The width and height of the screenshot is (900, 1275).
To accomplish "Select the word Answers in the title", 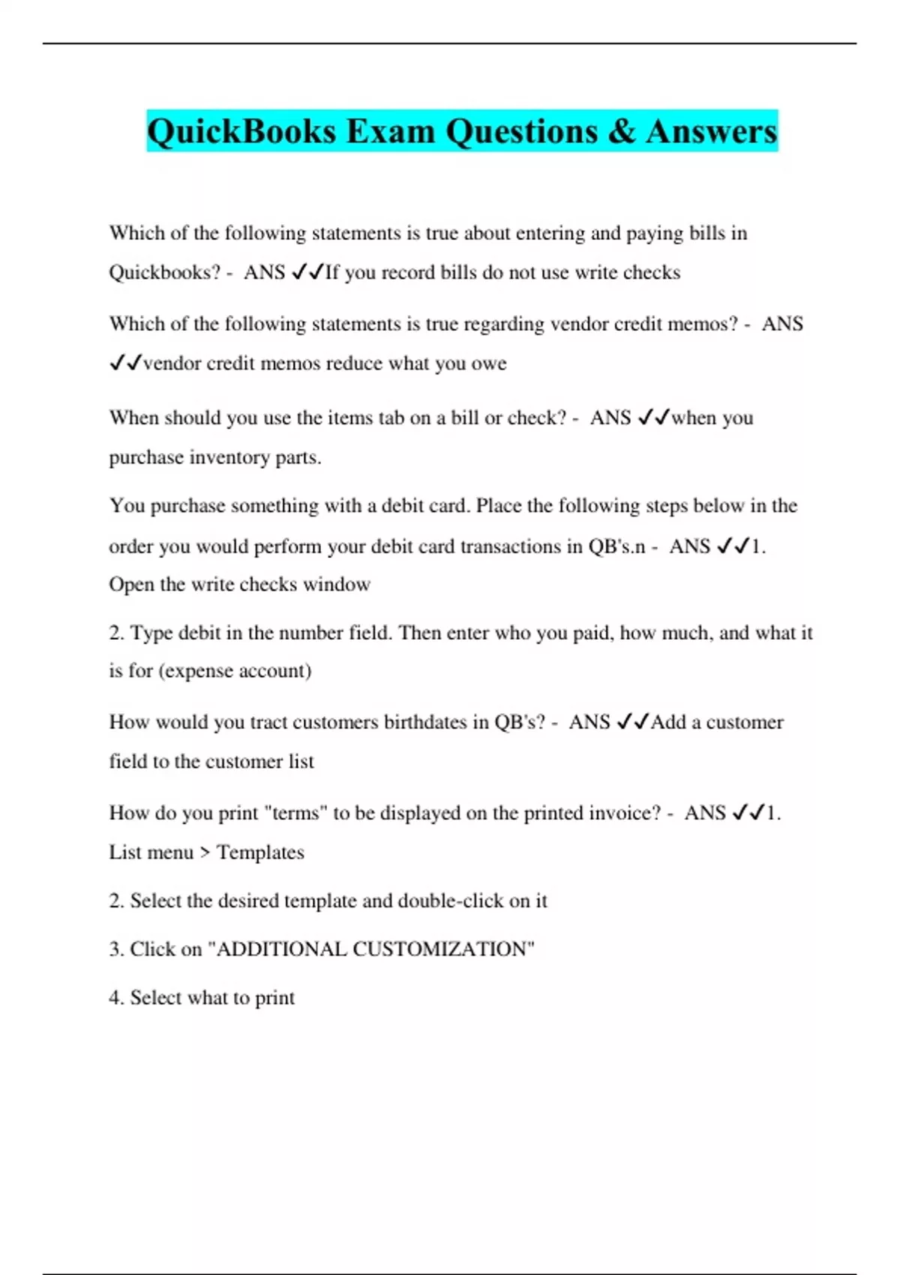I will [711, 131].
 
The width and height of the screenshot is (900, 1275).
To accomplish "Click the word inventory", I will [230, 457].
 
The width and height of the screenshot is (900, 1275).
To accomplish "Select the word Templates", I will [260, 853].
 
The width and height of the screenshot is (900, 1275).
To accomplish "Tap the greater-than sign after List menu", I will [205, 853].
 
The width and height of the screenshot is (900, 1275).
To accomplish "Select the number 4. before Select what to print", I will [116, 998].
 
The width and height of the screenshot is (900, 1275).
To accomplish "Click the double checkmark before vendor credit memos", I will [125, 364].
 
